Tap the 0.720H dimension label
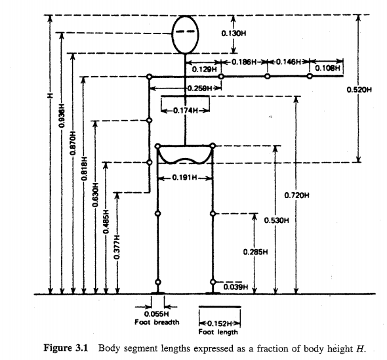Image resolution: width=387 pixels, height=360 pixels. pos(297,195)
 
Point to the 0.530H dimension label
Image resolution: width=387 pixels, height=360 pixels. pos(276,221)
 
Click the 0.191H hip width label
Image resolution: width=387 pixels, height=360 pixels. pos(185,178)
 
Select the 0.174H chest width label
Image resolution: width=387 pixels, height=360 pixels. pos(186,111)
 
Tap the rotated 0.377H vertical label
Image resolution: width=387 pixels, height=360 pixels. pos(116,245)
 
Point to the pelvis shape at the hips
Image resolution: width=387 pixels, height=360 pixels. pos(185,155)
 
